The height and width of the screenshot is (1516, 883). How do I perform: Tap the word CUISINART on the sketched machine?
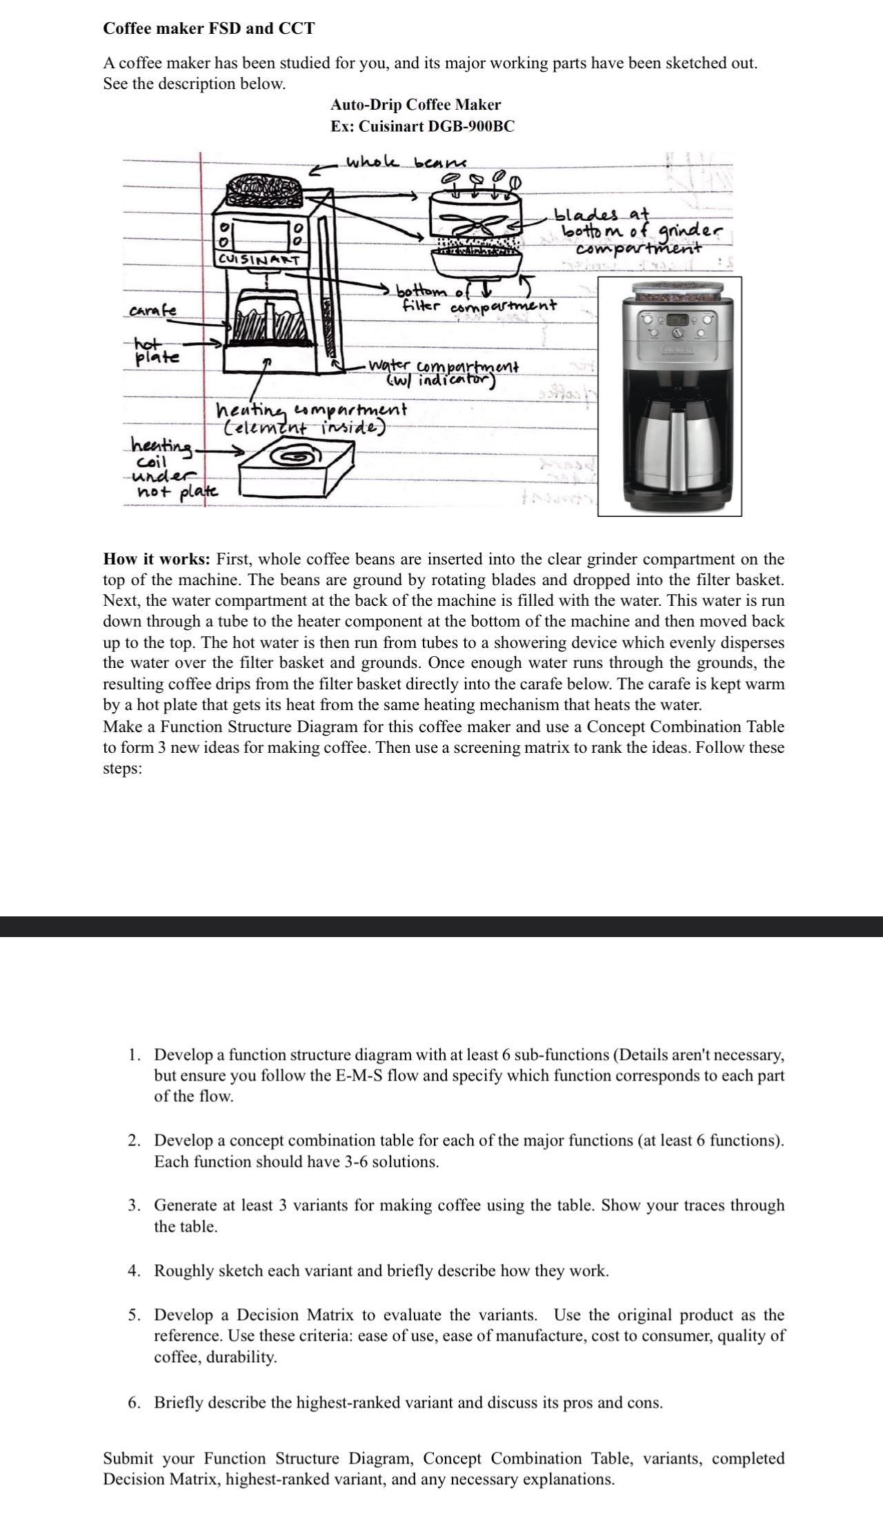tap(258, 260)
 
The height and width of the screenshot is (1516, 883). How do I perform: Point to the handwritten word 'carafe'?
tap(151, 311)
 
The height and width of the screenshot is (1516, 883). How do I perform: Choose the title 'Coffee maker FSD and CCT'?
tap(209, 28)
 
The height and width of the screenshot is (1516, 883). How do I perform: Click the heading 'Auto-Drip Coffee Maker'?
tap(415, 105)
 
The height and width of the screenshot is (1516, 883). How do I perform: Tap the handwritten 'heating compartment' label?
tap(311, 410)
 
